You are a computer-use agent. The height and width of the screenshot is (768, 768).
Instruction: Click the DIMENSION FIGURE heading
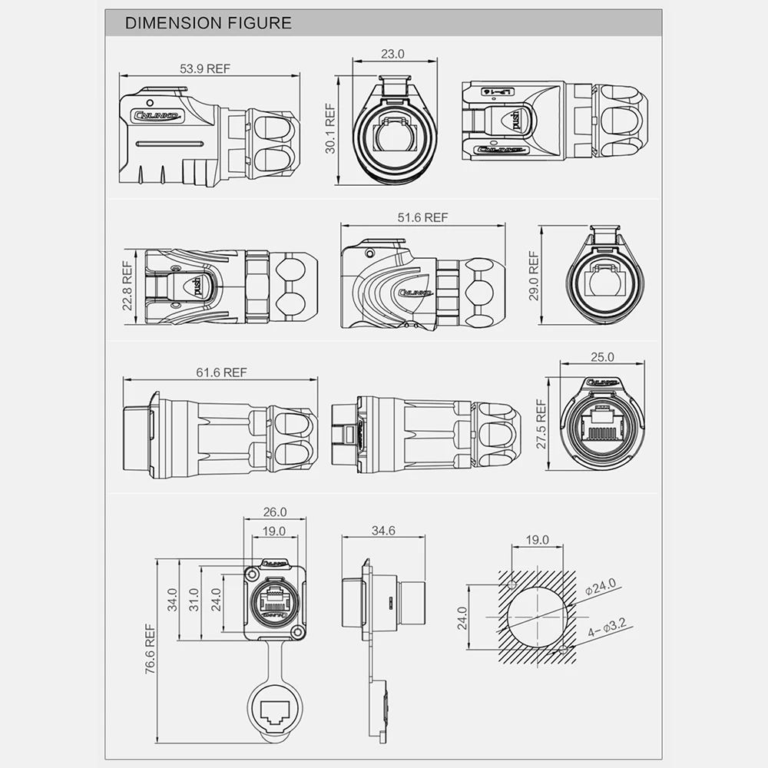[x=208, y=23]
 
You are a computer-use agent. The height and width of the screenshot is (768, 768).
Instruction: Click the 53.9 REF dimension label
[x=205, y=68]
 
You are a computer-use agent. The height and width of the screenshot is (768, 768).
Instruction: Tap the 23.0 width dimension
[x=392, y=55]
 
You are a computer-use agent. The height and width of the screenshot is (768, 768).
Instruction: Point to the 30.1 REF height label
[x=331, y=129]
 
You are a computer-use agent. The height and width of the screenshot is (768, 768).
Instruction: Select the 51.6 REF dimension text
[x=422, y=217]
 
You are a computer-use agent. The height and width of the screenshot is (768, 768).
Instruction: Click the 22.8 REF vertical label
[x=128, y=285]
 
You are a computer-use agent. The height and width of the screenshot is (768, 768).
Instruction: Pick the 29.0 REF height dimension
[x=534, y=275]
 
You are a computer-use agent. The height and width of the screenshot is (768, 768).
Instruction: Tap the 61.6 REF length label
[x=221, y=372]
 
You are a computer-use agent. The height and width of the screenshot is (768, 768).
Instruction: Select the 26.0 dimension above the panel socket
[x=274, y=511]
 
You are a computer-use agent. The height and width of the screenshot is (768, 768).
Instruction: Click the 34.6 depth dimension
[x=382, y=531]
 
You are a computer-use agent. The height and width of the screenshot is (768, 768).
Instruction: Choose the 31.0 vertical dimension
[x=194, y=599]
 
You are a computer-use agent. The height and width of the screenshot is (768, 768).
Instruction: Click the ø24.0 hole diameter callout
[x=601, y=586]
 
